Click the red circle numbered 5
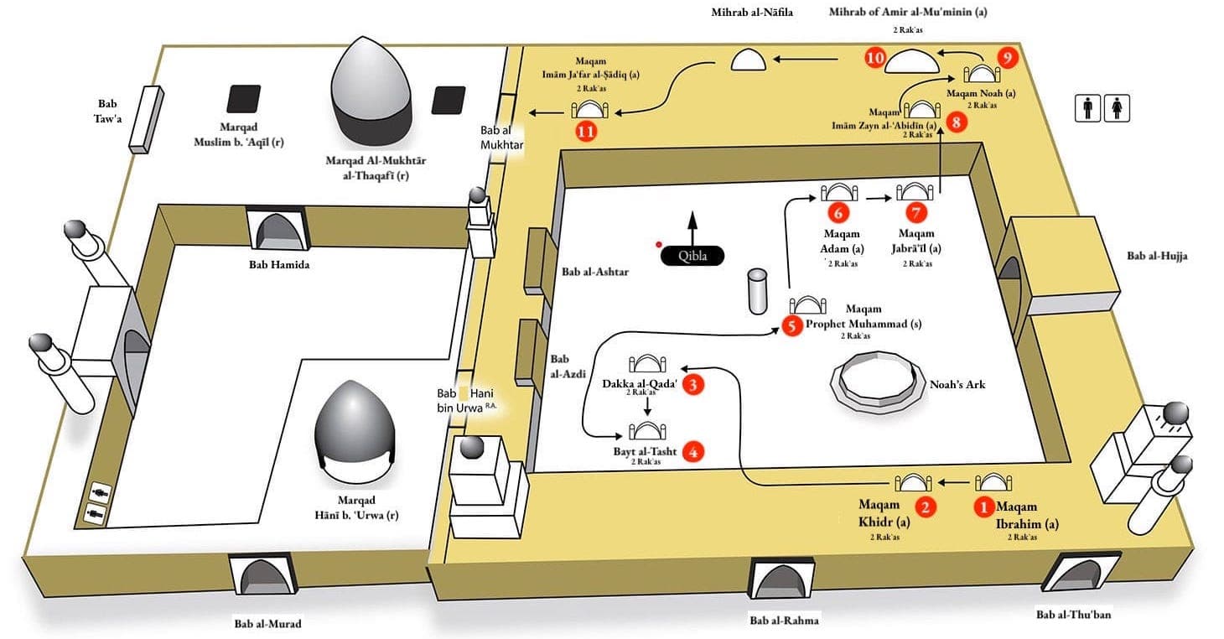792,326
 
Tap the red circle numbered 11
586,132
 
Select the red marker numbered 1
983,507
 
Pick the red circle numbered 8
958,122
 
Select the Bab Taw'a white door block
144,118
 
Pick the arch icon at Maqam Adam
838,191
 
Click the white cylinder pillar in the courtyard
759,292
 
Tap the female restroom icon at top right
1119,108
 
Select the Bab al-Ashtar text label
595,272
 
